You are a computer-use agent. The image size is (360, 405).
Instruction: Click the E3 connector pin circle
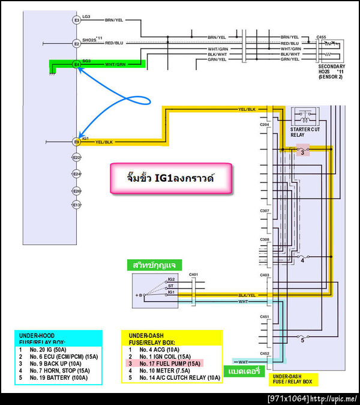tap(77, 20)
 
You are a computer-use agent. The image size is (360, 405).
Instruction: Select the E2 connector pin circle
tap(77, 43)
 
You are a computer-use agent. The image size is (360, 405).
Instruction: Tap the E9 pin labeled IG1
tap(77, 142)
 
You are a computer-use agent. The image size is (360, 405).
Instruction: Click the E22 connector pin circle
tap(77, 157)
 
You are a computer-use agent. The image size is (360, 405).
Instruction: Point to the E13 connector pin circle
tap(77, 205)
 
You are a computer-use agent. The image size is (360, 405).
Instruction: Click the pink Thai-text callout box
tap(171, 178)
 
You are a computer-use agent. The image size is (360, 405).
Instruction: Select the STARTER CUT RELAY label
tap(305, 131)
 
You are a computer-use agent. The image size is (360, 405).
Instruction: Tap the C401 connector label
tap(193, 275)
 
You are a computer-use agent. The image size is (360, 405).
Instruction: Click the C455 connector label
tap(322, 37)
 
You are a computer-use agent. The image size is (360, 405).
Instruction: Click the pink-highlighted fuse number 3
tap(303, 152)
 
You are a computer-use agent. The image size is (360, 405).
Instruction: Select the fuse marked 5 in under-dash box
tap(303, 340)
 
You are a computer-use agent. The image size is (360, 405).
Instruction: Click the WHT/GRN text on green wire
tap(115, 64)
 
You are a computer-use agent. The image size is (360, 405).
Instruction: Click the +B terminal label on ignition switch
tap(140, 295)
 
